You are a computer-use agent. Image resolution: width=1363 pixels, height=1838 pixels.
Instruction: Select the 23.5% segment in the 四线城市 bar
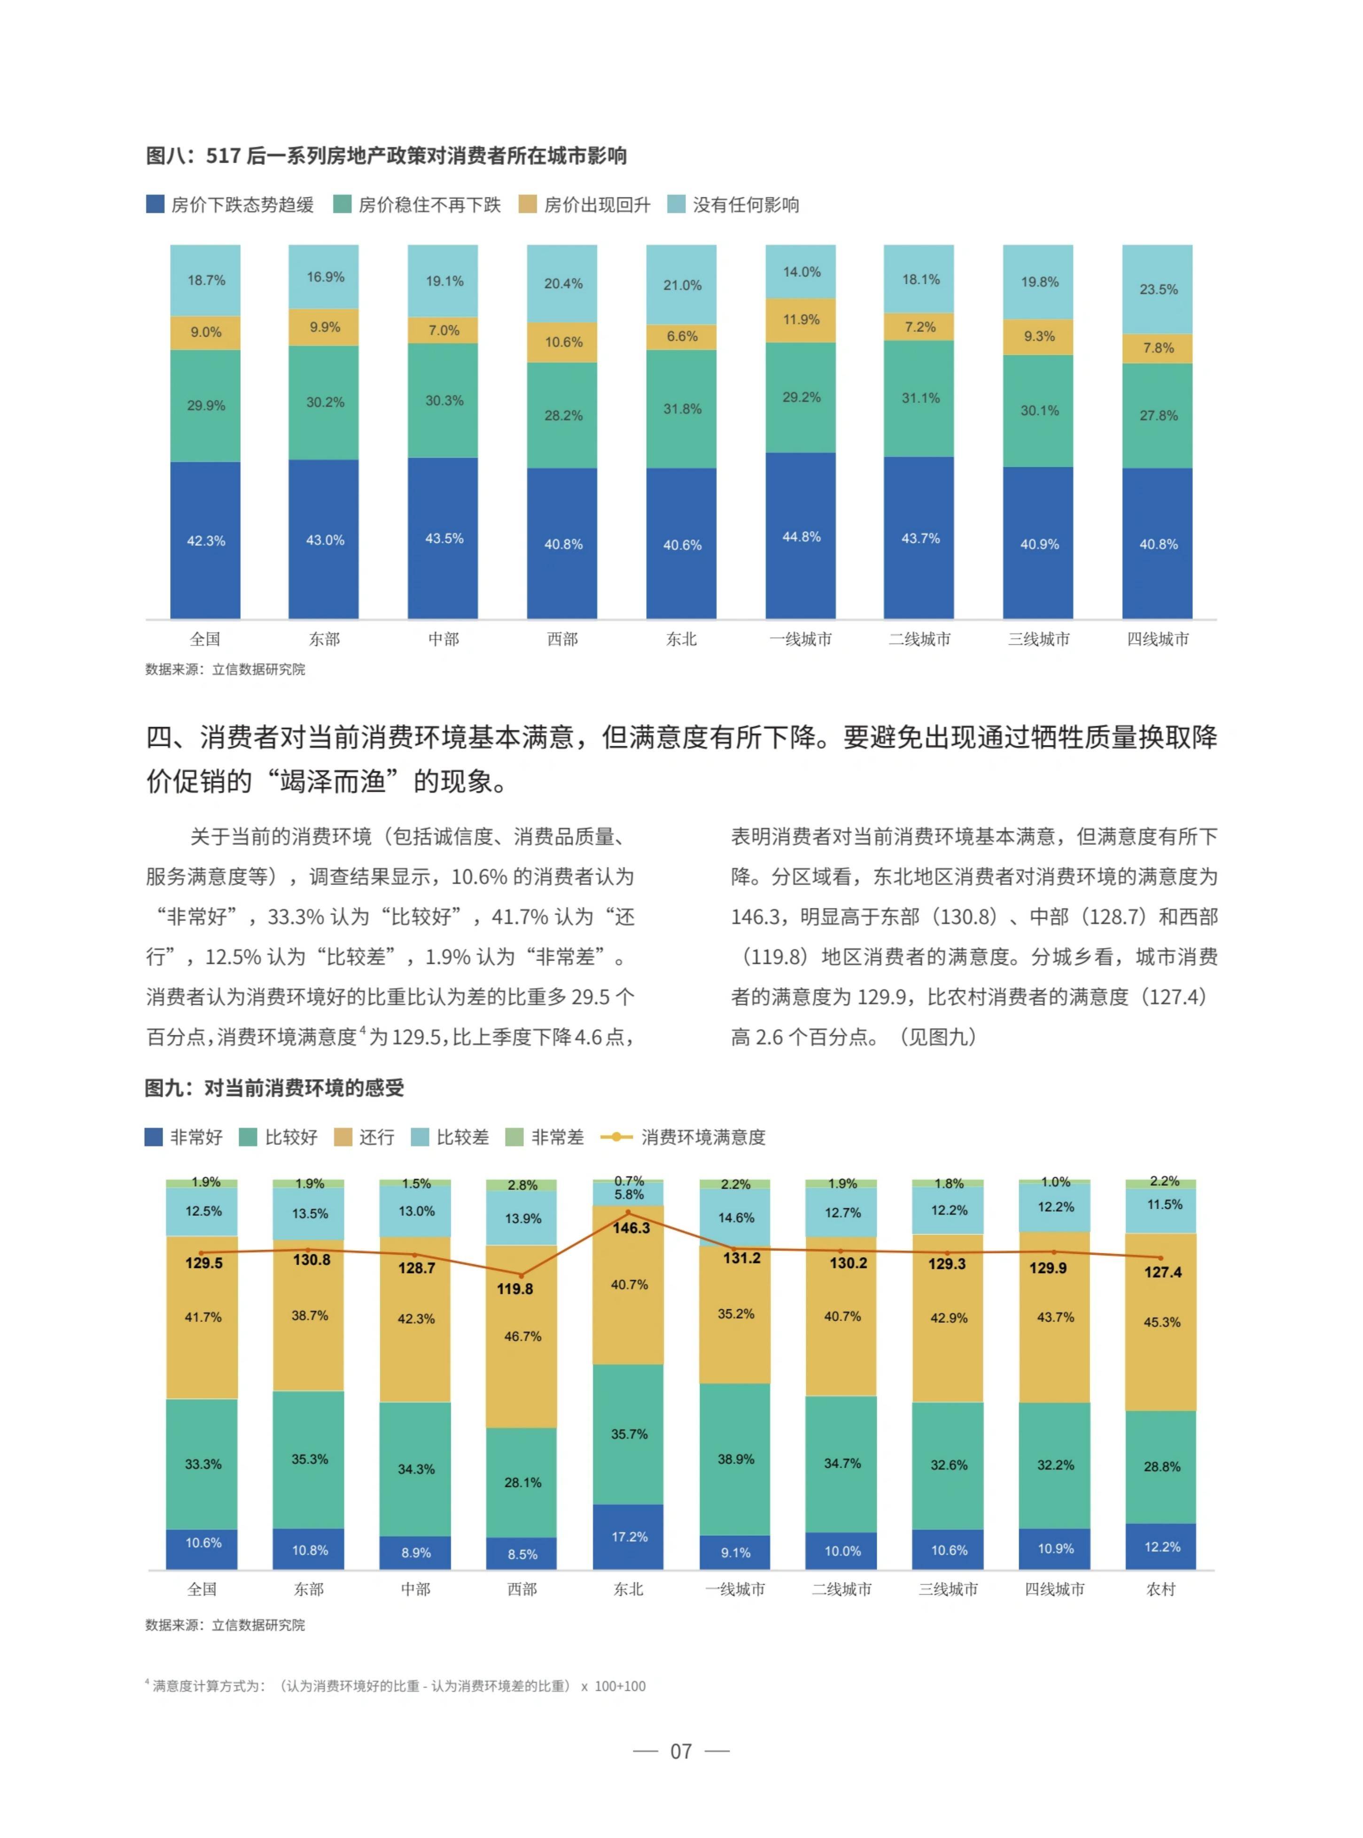[1158, 289]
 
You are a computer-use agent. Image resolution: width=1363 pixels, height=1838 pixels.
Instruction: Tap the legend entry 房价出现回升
[584, 205]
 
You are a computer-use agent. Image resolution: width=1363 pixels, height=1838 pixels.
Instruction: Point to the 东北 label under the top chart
[681, 639]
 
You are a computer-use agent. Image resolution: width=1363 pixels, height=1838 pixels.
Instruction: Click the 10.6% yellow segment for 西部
[563, 342]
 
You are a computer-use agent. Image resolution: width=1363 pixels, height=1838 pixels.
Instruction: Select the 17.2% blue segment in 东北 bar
[629, 1537]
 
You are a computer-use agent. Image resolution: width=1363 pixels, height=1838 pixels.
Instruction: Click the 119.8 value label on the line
[515, 1288]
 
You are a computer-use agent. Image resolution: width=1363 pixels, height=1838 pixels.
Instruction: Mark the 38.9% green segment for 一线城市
[735, 1459]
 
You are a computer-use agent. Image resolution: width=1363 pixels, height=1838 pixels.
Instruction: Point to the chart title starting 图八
[386, 156]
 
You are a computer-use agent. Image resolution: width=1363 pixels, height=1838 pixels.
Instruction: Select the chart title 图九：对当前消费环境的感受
[275, 1088]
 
